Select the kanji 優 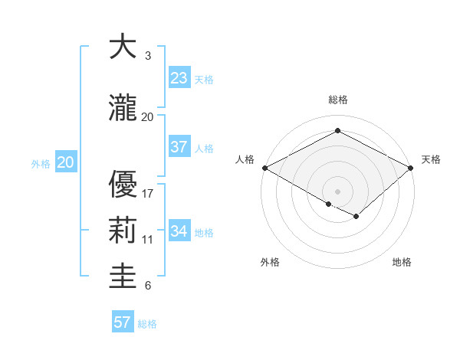(123, 184)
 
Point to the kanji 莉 (123, 231)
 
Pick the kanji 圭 (123, 277)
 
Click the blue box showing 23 (179, 78)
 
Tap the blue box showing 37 (179, 147)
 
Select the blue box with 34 (179, 231)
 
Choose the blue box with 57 (123, 322)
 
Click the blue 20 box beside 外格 (66, 162)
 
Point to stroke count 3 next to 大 (148, 56)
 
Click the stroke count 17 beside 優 (148, 193)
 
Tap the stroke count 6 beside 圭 (148, 286)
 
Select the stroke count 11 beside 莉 (148, 240)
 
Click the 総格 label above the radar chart (337, 100)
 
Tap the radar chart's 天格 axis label (431, 159)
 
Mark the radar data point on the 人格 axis (264, 167)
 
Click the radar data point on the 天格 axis (411, 167)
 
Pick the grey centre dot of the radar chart (337, 190)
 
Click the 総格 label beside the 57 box (147, 324)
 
